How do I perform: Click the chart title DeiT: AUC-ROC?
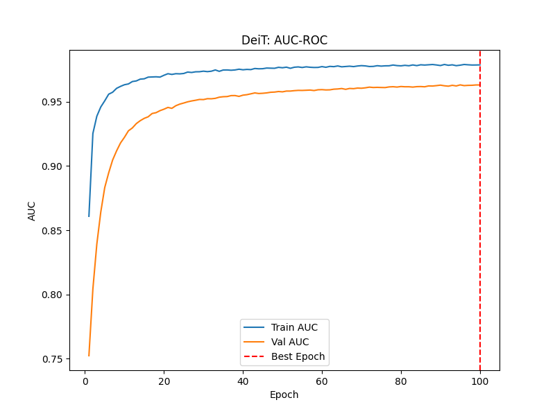pyautogui.click(x=284, y=40)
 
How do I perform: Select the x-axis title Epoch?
pyautogui.click(x=284, y=395)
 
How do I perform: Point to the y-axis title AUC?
pyautogui.click(x=32, y=211)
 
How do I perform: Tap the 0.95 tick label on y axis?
pyautogui.click(x=51, y=102)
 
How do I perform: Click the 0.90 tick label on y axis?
pyautogui.click(x=51, y=166)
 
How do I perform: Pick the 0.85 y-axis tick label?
pyautogui.click(x=51, y=231)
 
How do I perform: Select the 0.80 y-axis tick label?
pyautogui.click(x=51, y=295)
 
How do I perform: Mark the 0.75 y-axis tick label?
pyautogui.click(x=51, y=359)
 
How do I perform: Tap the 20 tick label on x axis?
pyautogui.click(x=164, y=381)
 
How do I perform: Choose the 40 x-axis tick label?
pyautogui.click(x=243, y=381)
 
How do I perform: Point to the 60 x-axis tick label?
pyautogui.click(x=322, y=381)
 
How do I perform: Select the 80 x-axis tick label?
pyautogui.click(x=401, y=381)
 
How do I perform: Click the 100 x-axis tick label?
pyautogui.click(x=480, y=381)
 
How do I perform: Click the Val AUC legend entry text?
pyautogui.click(x=290, y=342)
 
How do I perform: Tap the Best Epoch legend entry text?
pyautogui.click(x=298, y=356)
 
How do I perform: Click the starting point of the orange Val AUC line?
pyautogui.click(x=89, y=356)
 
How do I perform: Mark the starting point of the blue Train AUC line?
pyautogui.click(x=89, y=216)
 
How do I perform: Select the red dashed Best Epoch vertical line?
pyautogui.click(x=480, y=208)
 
